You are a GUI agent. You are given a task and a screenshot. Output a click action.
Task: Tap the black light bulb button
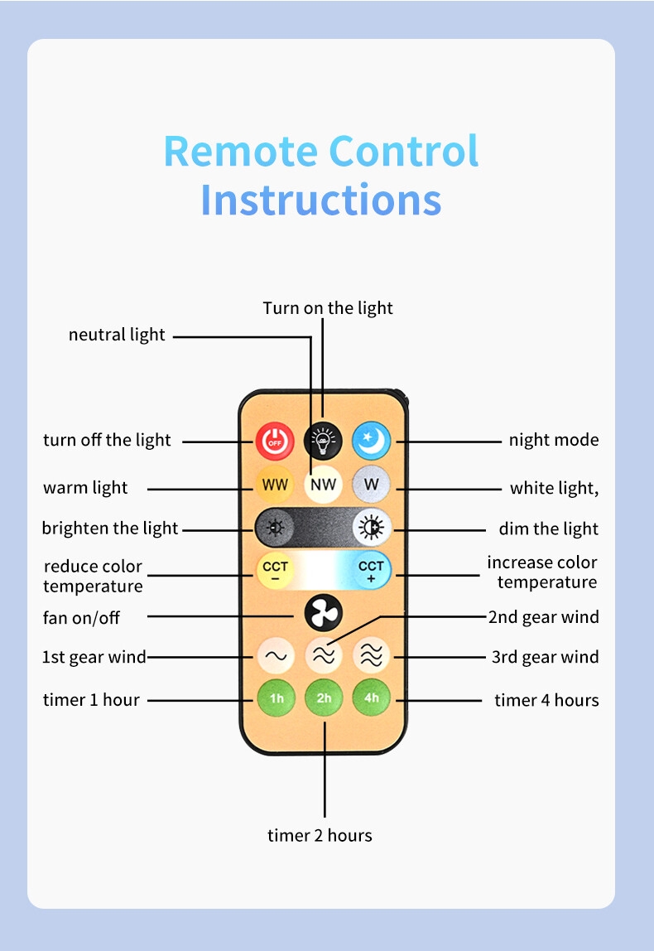[x=323, y=440]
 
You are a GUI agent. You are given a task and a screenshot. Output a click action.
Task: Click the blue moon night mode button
[x=371, y=440]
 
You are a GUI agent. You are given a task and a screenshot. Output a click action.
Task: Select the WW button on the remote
[x=275, y=484]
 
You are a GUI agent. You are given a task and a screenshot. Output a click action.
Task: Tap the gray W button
[x=371, y=484]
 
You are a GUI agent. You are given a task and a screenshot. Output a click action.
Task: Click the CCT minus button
[x=275, y=571]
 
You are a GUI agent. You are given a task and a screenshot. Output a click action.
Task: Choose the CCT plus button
[x=371, y=571]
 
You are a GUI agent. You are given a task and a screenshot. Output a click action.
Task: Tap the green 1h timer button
[x=276, y=698]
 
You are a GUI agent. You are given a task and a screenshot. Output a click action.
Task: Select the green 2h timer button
[x=323, y=698]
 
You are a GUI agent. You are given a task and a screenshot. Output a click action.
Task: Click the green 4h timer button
[x=371, y=698]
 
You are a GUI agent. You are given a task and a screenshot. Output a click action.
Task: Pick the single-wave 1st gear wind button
[x=275, y=656]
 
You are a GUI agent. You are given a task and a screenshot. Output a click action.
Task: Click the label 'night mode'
[x=553, y=440]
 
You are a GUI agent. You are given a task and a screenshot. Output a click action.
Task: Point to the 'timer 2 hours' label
[x=320, y=835]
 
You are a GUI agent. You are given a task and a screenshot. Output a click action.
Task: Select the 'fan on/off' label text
[x=81, y=617]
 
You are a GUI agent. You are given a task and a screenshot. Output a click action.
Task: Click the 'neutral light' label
[x=117, y=335]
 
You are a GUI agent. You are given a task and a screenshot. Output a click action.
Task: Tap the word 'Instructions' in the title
[x=320, y=200]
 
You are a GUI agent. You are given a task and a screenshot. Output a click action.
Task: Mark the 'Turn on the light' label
[x=328, y=308]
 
